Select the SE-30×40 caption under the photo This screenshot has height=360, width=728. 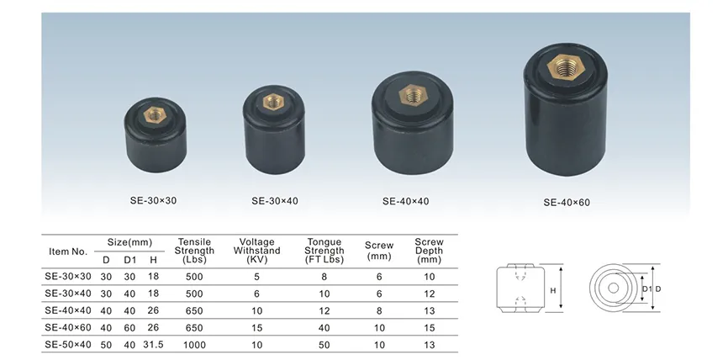pos(277,201)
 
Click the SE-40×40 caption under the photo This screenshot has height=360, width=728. pos(406,201)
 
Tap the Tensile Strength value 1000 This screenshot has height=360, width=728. pos(194,344)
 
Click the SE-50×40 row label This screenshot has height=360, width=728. pos(68,344)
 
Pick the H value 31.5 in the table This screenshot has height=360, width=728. pos(152,344)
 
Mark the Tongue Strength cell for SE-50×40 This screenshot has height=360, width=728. pos(324,344)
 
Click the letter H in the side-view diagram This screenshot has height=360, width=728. pos(553,290)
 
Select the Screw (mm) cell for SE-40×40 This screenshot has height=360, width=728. pos(379,310)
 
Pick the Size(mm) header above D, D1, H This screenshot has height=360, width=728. pos(129,242)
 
